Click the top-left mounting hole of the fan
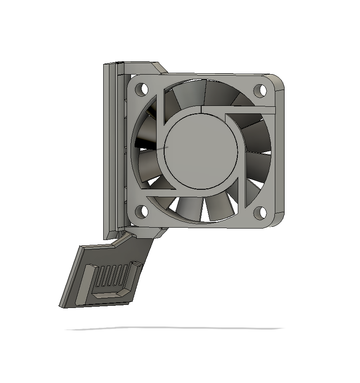click(x=142, y=90)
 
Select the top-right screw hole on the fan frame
click(x=260, y=90)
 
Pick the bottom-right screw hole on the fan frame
click(x=260, y=213)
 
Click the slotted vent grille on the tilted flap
click(x=112, y=276)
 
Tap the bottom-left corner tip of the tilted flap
click(x=60, y=305)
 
